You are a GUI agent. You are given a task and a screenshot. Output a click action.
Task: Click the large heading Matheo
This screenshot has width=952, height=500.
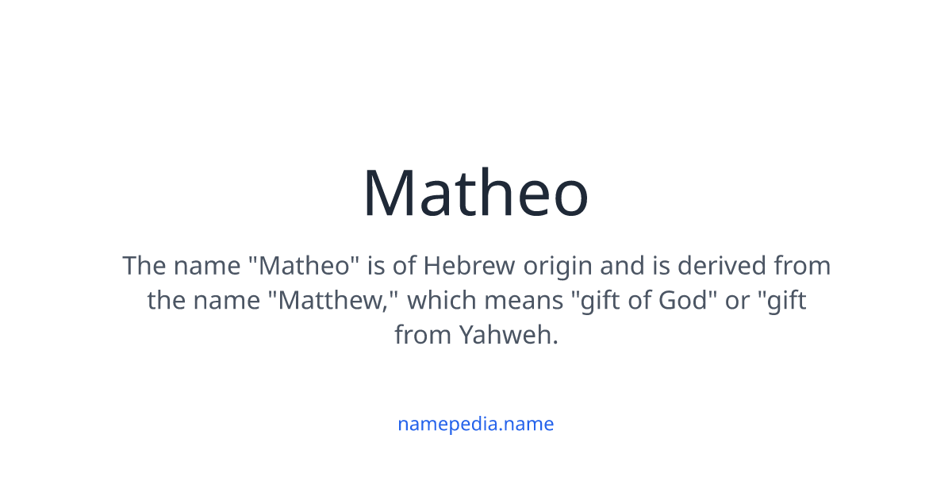coord(476,194)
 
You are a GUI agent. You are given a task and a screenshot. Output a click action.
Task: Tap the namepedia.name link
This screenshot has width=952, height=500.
coord(475,424)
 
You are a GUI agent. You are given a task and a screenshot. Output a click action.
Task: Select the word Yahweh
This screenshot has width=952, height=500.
coord(509,335)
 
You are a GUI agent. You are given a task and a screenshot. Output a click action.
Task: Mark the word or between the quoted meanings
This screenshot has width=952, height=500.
coord(735,301)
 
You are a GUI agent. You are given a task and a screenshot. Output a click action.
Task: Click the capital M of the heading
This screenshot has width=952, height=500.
coord(390,194)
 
